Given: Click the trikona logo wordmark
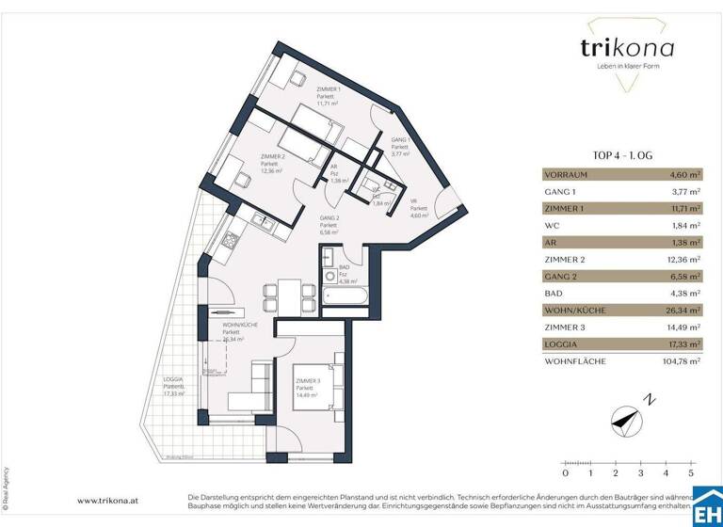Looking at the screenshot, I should tap(614, 48).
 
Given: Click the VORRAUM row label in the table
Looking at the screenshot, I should tap(569, 175).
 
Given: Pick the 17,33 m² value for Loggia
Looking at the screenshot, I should tap(683, 344).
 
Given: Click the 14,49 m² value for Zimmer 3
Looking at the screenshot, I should tap(683, 327).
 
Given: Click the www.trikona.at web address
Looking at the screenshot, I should tap(109, 502).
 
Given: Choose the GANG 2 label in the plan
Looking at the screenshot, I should tap(329, 218).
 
